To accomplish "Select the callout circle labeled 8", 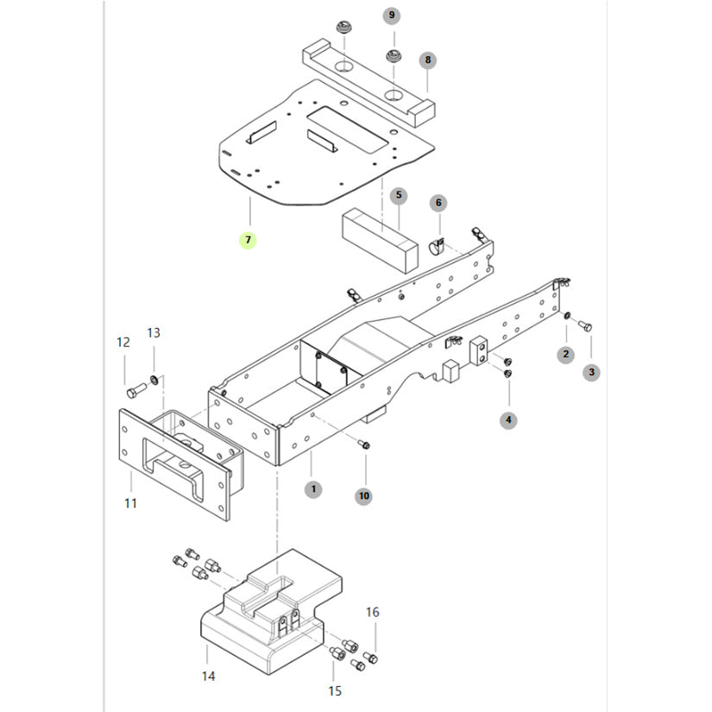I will click(427, 60).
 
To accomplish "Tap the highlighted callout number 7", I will click(248, 240).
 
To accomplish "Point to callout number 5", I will click(399, 196).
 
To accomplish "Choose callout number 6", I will click(438, 203).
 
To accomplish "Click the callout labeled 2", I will click(566, 354).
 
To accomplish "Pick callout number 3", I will click(591, 373).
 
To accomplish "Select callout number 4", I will click(509, 420).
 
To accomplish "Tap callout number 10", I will click(363, 495).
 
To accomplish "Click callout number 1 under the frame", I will click(313, 489).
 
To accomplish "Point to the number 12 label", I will click(123, 343).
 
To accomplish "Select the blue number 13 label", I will click(154, 332).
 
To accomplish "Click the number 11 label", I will click(130, 502).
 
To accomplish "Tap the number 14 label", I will click(208, 677).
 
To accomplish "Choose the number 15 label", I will click(335, 690).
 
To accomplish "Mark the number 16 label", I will click(372, 612).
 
